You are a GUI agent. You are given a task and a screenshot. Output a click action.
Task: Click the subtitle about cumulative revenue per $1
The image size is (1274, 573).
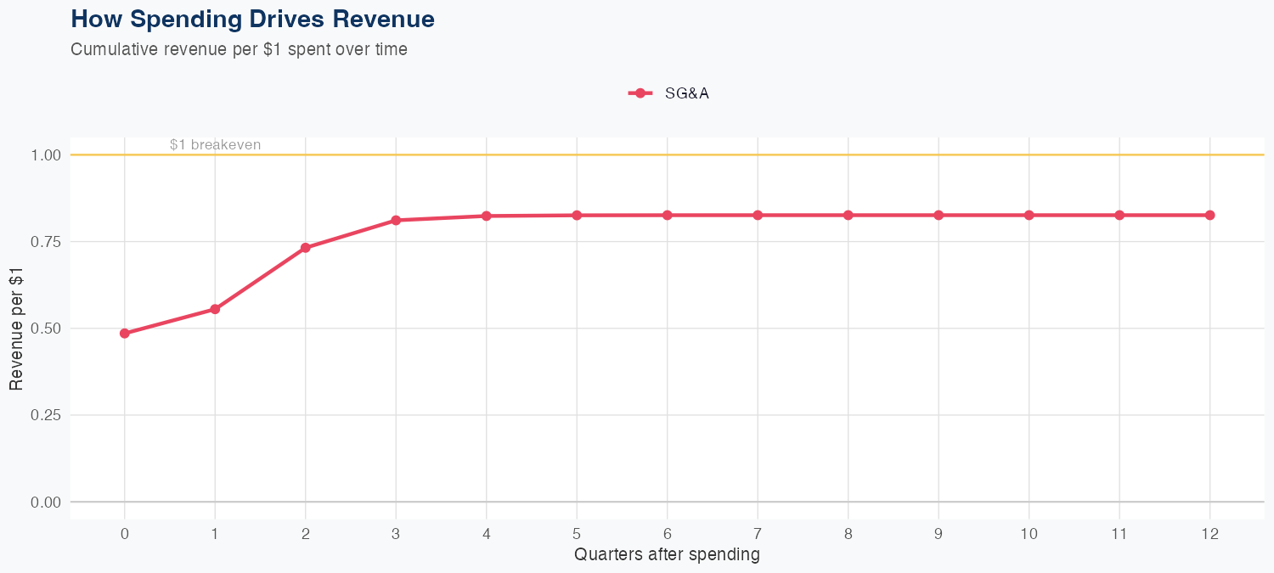(x=239, y=49)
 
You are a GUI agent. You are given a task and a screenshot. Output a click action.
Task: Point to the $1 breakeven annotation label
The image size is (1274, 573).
(x=215, y=145)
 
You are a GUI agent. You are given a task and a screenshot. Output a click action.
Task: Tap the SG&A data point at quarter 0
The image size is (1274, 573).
(x=125, y=334)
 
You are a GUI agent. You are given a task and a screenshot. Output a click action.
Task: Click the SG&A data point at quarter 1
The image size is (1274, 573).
(x=215, y=309)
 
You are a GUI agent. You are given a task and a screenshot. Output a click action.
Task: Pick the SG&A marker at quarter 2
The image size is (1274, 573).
(x=306, y=248)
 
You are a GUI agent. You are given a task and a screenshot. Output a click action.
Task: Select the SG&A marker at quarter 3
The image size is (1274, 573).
(x=396, y=221)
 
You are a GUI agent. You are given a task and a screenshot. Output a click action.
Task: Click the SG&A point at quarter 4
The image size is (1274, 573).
(x=487, y=216)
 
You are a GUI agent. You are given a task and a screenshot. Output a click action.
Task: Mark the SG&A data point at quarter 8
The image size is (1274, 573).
(x=848, y=216)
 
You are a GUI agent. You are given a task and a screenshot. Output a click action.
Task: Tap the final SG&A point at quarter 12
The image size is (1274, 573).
(x=1210, y=216)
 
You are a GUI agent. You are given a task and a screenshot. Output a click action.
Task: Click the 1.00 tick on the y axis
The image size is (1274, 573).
(x=46, y=155)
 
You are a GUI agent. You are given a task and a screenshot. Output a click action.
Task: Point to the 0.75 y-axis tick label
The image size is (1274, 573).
(x=46, y=242)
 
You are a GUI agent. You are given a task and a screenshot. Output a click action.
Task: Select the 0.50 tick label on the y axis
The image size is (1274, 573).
(x=46, y=329)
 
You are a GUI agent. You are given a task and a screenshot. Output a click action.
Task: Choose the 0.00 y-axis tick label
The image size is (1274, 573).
(x=46, y=503)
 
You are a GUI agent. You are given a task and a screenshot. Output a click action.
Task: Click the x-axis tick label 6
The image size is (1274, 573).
(x=668, y=534)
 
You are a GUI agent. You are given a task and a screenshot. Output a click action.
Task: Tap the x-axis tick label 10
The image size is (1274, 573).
(x=1029, y=534)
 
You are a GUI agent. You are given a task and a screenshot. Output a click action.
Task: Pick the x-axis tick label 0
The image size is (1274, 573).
(x=125, y=534)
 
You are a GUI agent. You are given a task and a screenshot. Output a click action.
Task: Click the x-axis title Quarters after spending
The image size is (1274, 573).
(x=667, y=555)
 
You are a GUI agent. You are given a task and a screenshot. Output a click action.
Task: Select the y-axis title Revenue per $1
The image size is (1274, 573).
(x=16, y=329)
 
